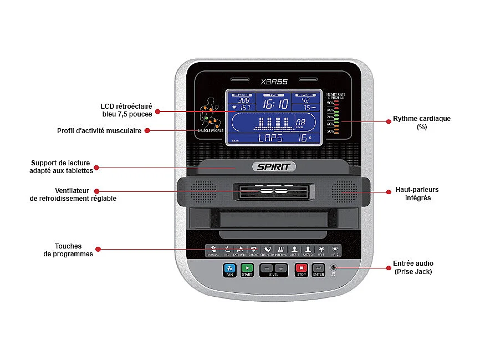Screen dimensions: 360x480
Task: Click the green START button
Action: pos(247,268)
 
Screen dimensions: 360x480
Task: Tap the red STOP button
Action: pos(301,268)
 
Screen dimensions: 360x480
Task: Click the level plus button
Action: pos(281,268)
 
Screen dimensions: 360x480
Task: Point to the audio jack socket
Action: pos(333,268)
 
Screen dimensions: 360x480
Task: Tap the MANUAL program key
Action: pos(213,250)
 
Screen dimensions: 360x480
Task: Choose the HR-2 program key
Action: pos(335,250)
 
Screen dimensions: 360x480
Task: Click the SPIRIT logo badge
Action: pos(274,166)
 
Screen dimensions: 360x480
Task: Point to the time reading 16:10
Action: pos(275,104)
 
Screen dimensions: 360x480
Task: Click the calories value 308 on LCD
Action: pos(243,100)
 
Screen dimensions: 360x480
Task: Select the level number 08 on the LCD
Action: pos(300,122)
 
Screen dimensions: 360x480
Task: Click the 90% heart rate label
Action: pos(330,103)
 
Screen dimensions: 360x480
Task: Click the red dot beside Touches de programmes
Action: pos(98,250)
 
